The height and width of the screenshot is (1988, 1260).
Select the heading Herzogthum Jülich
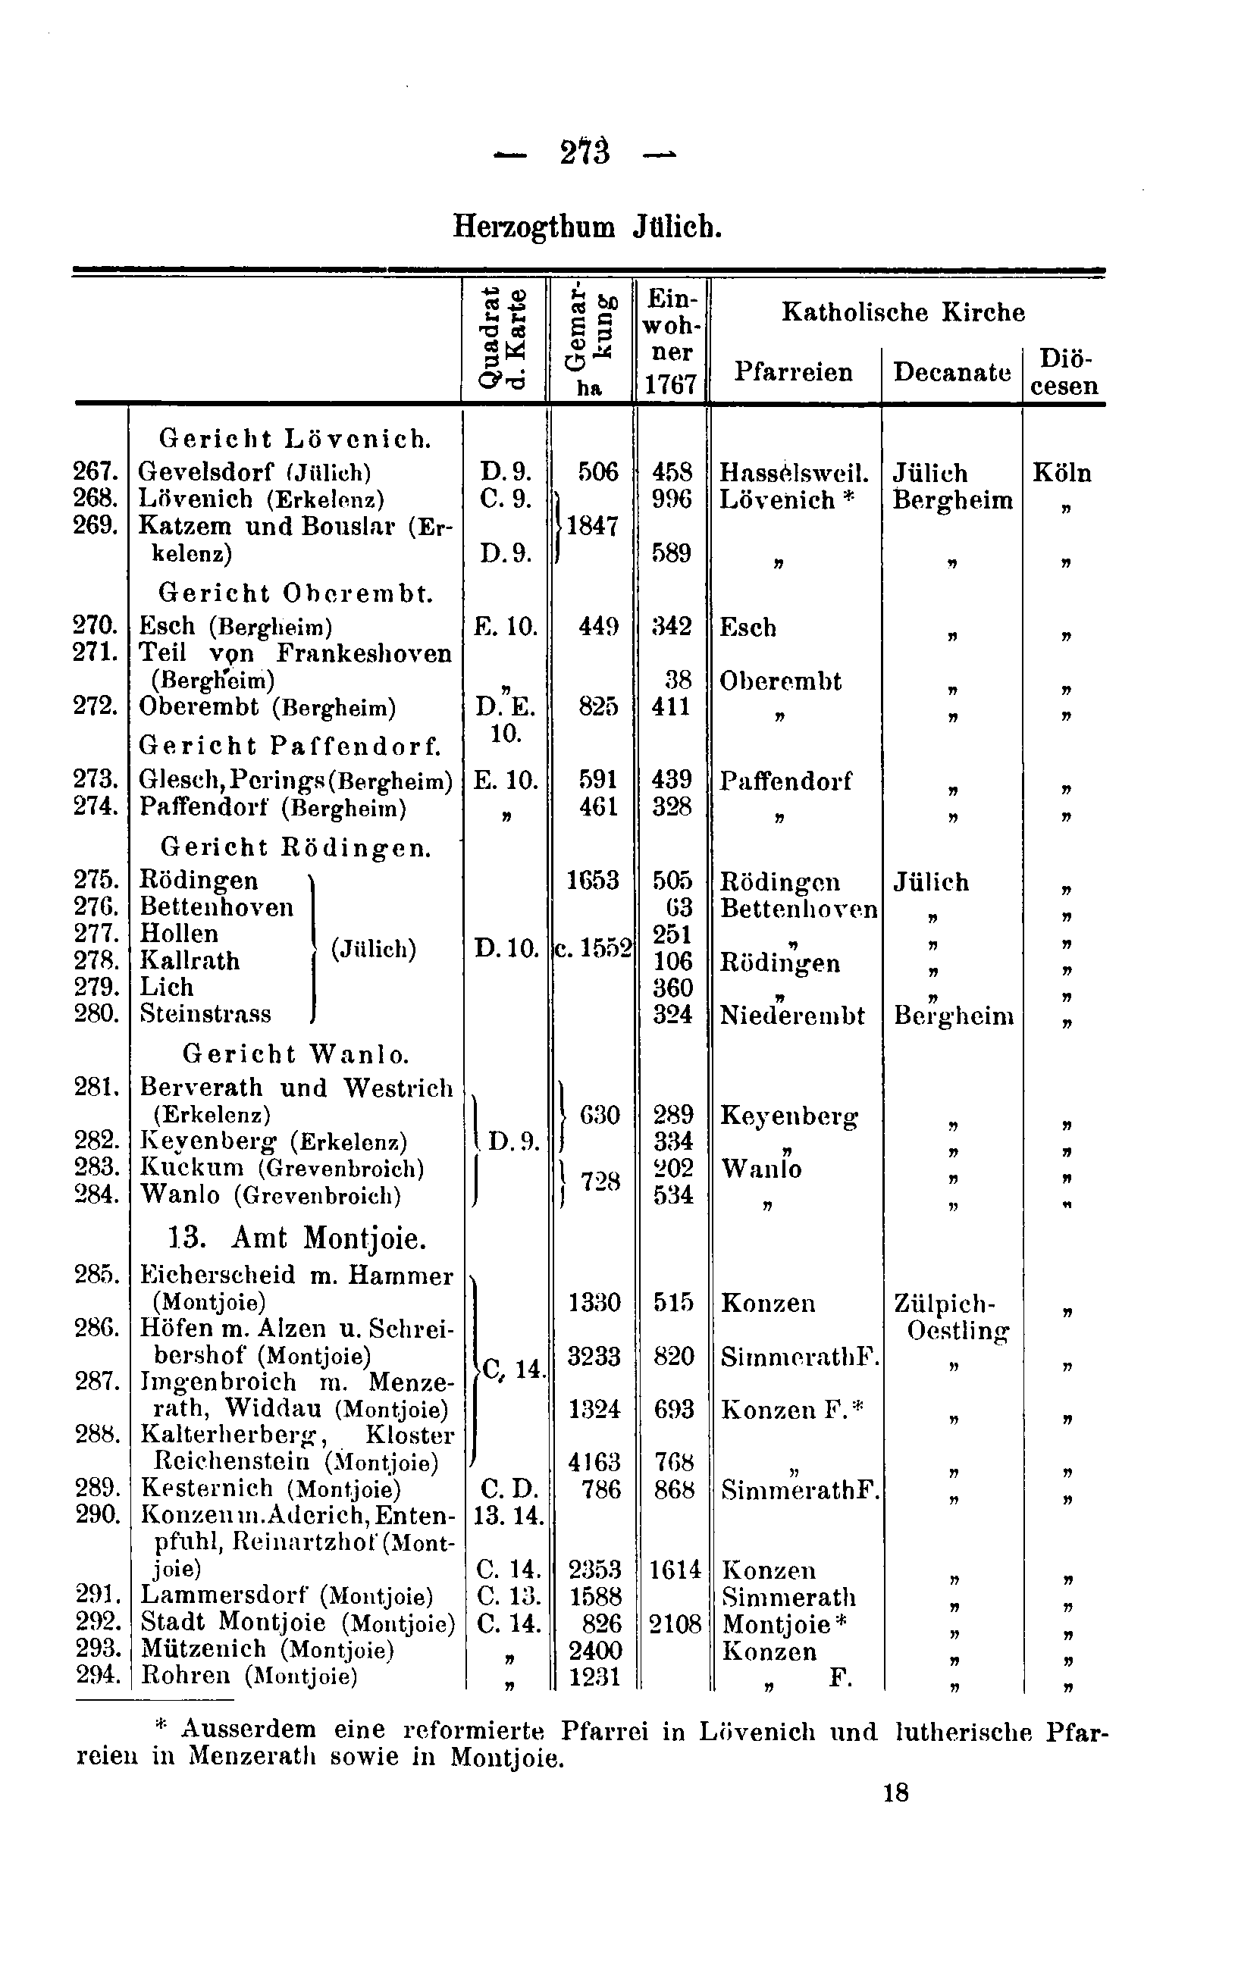click(587, 226)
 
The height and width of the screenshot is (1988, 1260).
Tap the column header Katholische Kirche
click(902, 312)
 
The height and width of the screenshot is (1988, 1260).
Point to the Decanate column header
click(951, 372)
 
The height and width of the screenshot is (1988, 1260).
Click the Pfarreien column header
click(793, 372)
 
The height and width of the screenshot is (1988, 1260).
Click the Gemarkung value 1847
click(592, 526)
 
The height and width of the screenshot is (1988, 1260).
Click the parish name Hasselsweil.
click(794, 472)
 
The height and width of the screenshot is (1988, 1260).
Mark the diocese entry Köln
click(1062, 473)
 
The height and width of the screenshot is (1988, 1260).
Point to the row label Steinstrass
click(205, 1013)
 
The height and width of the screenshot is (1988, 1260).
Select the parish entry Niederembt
click(791, 1015)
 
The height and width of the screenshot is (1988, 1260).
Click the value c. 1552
click(592, 950)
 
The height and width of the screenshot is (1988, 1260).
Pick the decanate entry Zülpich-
click(945, 1304)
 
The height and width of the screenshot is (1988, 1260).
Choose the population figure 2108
click(674, 1625)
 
